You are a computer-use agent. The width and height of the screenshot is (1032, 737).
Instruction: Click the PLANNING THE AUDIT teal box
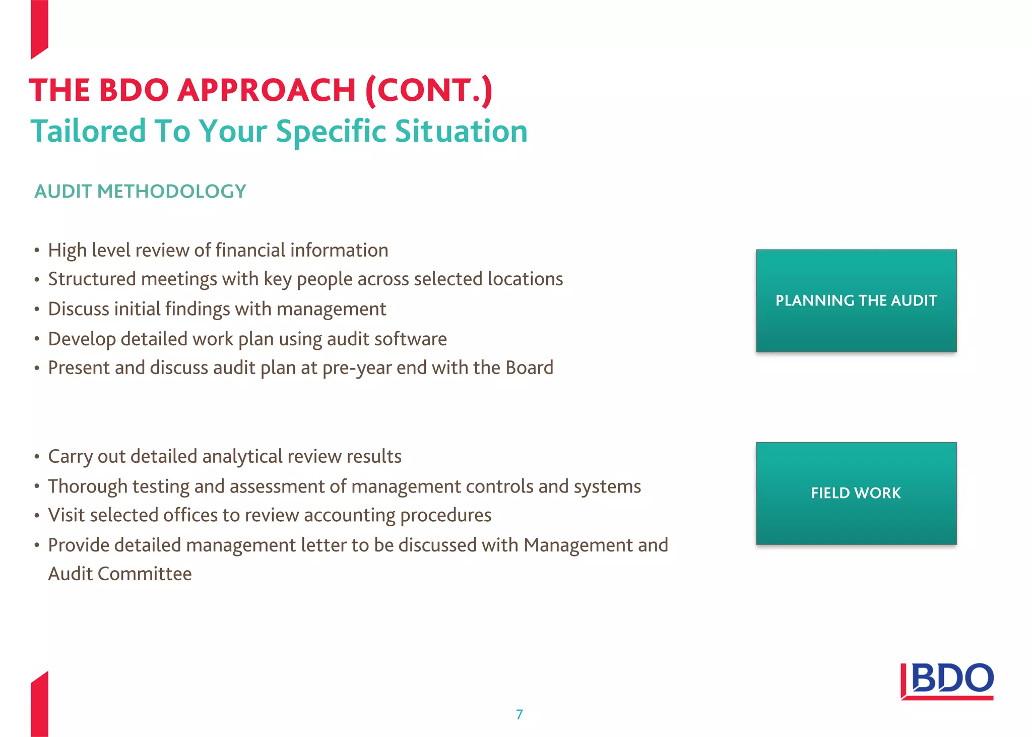856,300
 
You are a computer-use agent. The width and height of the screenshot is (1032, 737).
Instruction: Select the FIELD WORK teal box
856,493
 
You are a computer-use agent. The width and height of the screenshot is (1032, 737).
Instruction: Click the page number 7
520,714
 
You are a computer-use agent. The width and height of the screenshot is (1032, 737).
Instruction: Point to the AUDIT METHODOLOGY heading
140,192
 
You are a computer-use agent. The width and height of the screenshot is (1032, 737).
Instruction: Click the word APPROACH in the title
267,90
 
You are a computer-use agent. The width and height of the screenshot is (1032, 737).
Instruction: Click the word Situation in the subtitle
461,131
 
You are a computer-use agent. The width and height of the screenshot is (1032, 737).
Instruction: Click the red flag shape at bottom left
39,706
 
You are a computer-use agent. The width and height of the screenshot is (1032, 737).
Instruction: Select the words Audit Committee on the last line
120,574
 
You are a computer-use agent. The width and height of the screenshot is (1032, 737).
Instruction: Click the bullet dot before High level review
37,251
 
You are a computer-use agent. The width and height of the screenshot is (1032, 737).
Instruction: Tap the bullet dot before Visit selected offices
37,516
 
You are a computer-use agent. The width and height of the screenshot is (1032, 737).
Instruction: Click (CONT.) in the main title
428,90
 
